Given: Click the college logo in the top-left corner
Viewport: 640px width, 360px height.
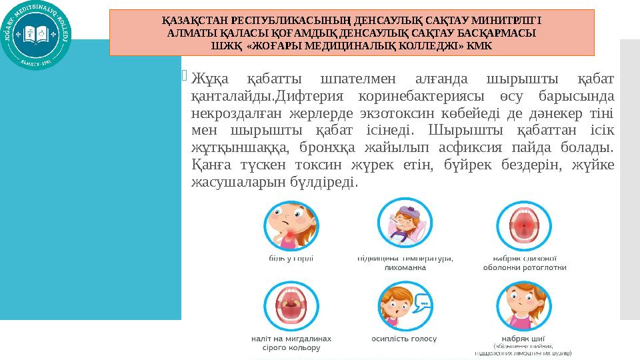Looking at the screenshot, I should [37, 37].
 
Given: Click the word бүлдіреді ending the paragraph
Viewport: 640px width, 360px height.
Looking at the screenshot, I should [327, 181].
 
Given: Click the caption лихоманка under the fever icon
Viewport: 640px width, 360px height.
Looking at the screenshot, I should [405, 268].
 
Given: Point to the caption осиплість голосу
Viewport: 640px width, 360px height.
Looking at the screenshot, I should [404, 338].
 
